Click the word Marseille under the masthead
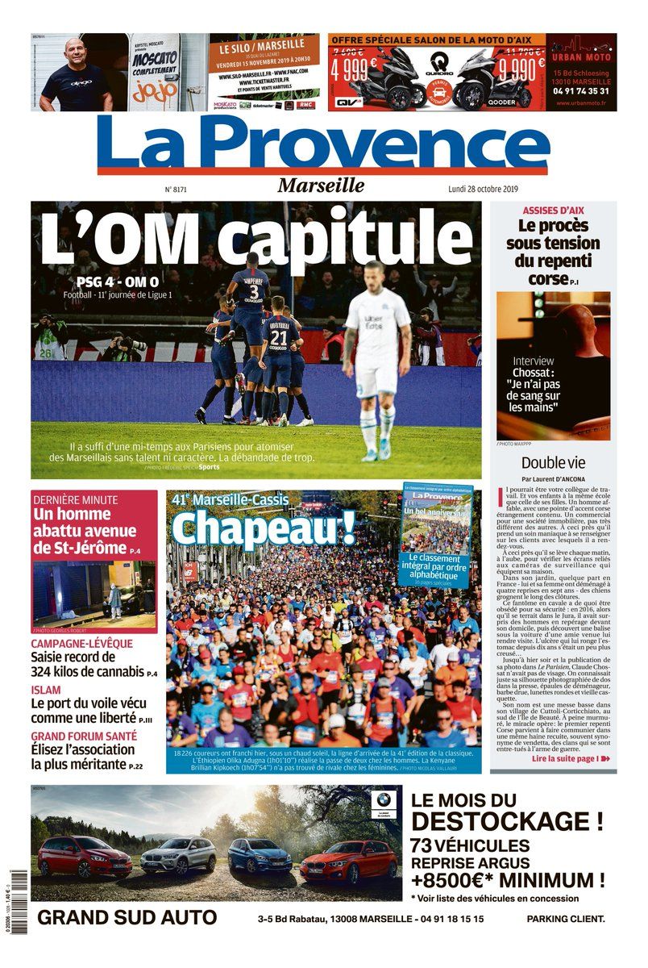coord(321,186)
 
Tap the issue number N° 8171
coord(176,190)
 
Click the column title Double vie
coord(553,463)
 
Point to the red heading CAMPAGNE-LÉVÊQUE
coord(82,643)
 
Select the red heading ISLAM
coord(45,690)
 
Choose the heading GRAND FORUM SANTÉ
coord(84,736)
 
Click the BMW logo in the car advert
coord(382,800)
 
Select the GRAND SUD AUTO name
coord(127,917)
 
